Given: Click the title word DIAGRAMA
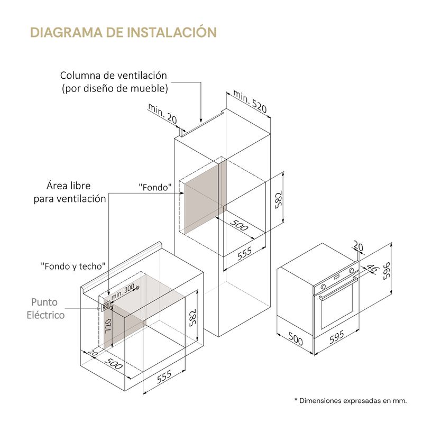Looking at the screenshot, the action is point(67,32).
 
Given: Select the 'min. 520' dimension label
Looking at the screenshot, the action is point(250,101).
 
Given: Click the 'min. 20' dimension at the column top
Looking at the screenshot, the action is point(162,114).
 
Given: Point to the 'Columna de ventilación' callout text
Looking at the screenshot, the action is point(114,75).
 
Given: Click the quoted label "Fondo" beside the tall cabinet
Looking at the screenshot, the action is point(155,187).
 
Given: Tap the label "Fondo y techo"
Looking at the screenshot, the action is point(73,266).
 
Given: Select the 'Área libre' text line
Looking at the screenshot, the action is point(69,186).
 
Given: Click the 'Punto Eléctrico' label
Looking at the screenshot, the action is point(45,308).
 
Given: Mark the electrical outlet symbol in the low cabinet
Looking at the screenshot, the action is point(105,307).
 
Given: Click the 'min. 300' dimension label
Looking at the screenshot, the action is point(123,291).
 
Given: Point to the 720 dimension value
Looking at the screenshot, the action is point(108,326).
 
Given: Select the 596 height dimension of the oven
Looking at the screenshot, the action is point(387,271).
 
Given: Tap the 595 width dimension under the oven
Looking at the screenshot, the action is point(337,337).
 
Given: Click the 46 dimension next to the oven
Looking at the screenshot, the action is point(372,268).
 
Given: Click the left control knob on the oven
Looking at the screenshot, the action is point(324,287).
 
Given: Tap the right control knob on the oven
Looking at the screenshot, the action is point(351,270).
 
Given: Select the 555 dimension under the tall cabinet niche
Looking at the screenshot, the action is point(244,254).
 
